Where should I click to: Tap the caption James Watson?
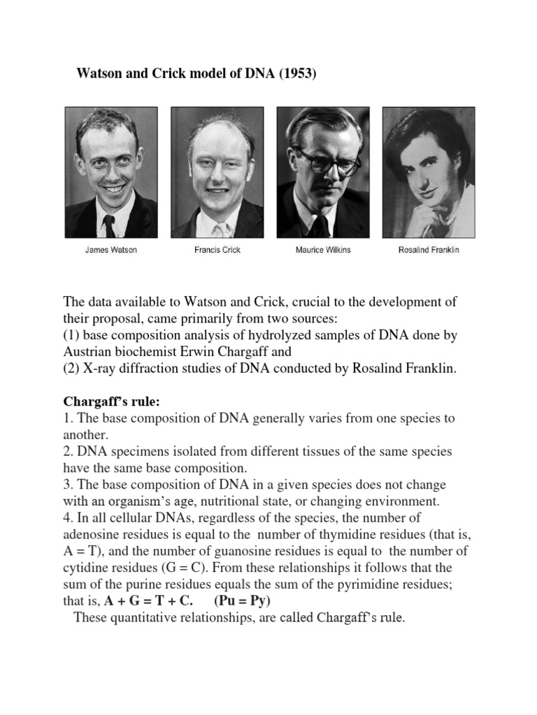click(111, 250)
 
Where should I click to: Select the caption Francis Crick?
click(217, 250)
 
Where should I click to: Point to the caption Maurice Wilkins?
click(322, 250)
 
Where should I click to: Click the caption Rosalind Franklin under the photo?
click(428, 250)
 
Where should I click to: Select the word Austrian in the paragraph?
click(90, 352)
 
